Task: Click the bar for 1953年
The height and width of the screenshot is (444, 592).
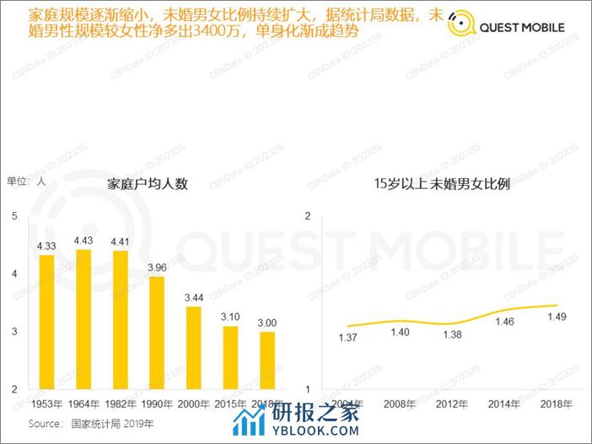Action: click(x=46, y=322)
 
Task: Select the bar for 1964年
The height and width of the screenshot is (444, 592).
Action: click(x=83, y=319)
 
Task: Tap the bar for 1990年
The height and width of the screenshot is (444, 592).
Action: click(x=156, y=333)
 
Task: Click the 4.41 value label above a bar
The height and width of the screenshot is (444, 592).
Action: click(x=120, y=241)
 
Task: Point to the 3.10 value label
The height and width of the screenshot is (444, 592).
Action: click(x=230, y=317)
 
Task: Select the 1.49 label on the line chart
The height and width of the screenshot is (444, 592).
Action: click(x=557, y=317)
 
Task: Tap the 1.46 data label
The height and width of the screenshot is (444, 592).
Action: click(x=504, y=322)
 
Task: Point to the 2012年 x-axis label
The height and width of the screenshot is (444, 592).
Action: click(x=453, y=403)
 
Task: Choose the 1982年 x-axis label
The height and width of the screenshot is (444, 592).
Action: click(x=120, y=403)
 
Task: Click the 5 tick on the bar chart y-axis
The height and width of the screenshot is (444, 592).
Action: click(x=13, y=216)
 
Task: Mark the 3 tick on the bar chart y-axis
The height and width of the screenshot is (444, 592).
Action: click(x=13, y=332)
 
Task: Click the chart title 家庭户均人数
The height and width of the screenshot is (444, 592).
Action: click(x=148, y=184)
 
